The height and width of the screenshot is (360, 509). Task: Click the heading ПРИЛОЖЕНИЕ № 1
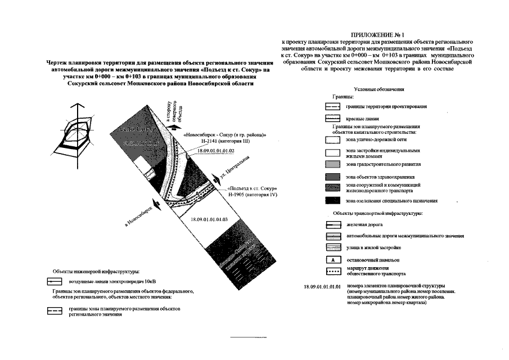pyautogui.click(x=381, y=35)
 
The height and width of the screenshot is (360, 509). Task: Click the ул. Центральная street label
pyautogui.click(x=234, y=171)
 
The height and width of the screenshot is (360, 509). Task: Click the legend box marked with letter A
pyautogui.click(x=334, y=260)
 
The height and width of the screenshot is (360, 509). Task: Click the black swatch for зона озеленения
pyautogui.click(x=334, y=200)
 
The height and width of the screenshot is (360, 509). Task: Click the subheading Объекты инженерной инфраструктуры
pyautogui.click(x=96, y=271)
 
